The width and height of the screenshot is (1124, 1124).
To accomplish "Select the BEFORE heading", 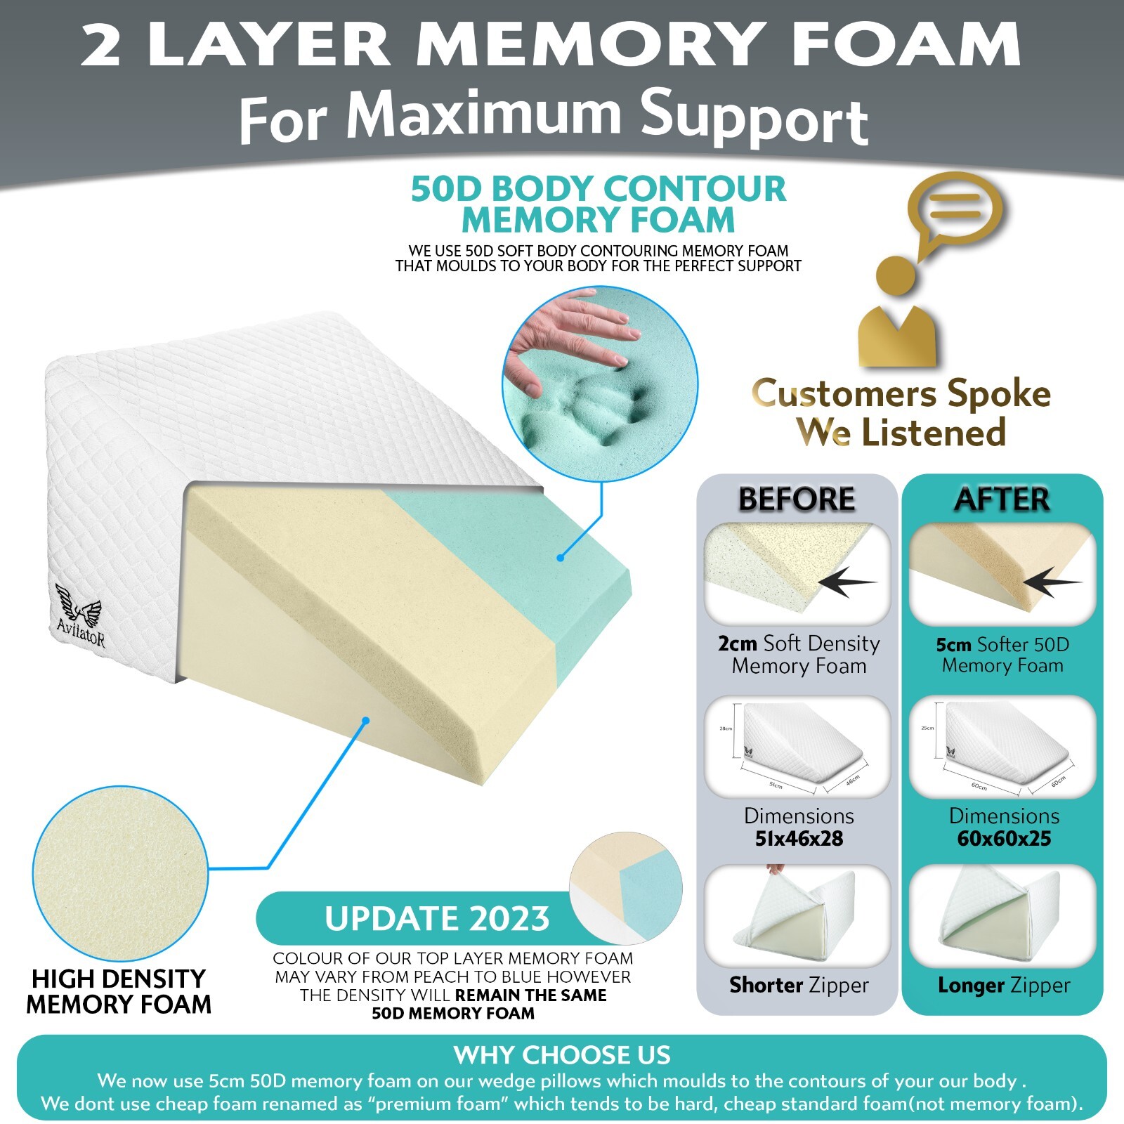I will click(x=797, y=499).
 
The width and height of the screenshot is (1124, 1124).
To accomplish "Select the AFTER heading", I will click(x=1002, y=499).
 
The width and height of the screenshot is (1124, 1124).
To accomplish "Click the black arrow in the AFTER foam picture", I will click(x=1052, y=582).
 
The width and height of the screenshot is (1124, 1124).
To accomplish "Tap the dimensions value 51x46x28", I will click(x=799, y=839).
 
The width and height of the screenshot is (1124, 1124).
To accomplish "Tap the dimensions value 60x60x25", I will click(x=1004, y=839).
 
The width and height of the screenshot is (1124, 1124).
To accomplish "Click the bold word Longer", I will click(x=971, y=985).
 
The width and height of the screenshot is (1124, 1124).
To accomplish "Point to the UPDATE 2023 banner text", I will click(x=437, y=919).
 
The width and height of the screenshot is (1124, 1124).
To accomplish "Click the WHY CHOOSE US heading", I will click(x=562, y=1055).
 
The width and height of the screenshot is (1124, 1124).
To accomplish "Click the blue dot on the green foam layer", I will click(x=560, y=558).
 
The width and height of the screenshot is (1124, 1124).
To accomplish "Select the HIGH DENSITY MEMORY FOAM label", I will click(x=118, y=991).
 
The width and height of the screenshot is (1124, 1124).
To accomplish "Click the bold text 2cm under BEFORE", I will click(x=737, y=643).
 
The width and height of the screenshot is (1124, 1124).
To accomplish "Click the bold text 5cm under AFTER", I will click(x=953, y=645).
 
